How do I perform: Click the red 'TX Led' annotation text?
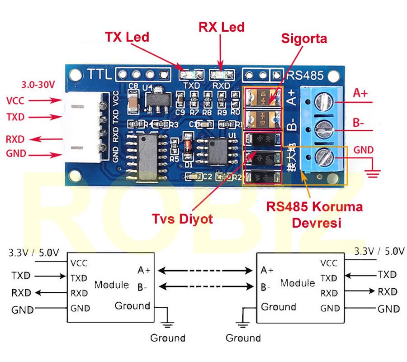pyautogui.click(x=127, y=37)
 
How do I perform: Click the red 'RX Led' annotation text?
pyautogui.click(x=222, y=27)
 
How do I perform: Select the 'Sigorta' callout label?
pyautogui.click(x=304, y=38)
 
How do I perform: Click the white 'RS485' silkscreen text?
pyautogui.click(x=303, y=74)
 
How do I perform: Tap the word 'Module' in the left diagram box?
pyautogui.click(x=111, y=285)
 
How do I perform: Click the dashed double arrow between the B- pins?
pyautogui.click(x=206, y=286)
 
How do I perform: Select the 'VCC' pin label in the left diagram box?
pyautogui.click(x=79, y=263)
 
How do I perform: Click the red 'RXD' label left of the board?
pyautogui.click(x=15, y=139)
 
